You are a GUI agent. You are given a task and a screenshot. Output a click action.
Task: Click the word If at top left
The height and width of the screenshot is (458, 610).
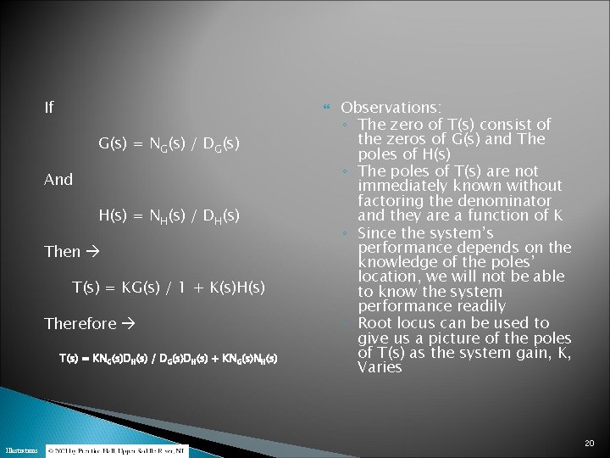point(49,108)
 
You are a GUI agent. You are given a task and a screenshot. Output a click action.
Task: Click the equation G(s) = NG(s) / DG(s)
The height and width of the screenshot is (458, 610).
point(169,144)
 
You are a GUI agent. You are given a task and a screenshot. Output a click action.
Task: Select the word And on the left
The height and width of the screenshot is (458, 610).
point(58,180)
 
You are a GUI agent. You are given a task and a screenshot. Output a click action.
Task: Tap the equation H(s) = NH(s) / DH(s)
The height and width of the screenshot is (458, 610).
point(169,216)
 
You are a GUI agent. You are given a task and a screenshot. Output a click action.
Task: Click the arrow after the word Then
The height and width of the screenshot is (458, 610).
point(93,252)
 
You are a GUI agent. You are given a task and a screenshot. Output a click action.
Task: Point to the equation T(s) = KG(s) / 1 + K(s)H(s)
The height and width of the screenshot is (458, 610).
point(169,288)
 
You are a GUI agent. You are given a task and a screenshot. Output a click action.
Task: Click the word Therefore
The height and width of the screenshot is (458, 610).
point(80,324)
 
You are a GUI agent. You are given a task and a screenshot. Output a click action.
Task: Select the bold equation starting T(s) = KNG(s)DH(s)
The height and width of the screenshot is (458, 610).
point(168,359)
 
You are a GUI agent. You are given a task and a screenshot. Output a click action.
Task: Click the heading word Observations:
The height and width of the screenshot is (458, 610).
point(391,108)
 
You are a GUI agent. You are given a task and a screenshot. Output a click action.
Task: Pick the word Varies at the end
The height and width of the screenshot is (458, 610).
point(380,368)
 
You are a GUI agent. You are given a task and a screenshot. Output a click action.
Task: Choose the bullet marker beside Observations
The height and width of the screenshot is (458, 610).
point(327,109)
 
